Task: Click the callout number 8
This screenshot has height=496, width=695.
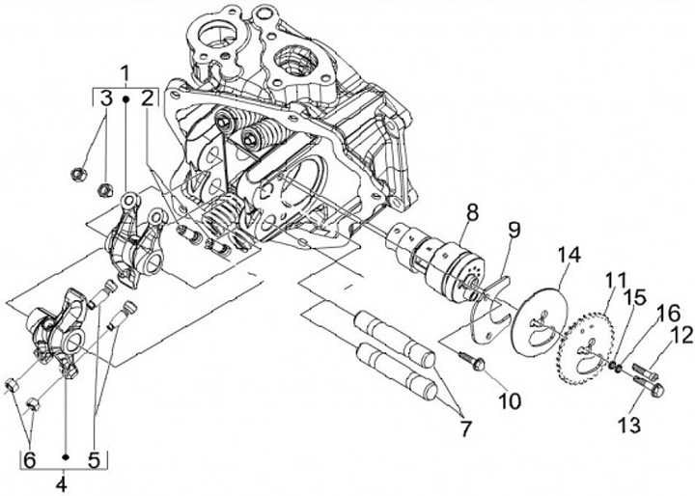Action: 472,212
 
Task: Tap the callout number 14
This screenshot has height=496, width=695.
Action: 569,256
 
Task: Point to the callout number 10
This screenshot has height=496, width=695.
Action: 510,401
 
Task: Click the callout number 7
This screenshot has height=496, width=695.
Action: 465,428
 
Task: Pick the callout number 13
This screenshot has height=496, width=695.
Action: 629,426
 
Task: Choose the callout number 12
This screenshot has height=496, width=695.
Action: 682,335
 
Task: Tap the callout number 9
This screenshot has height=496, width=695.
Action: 514,230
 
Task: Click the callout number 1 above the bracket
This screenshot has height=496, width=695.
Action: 125,73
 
